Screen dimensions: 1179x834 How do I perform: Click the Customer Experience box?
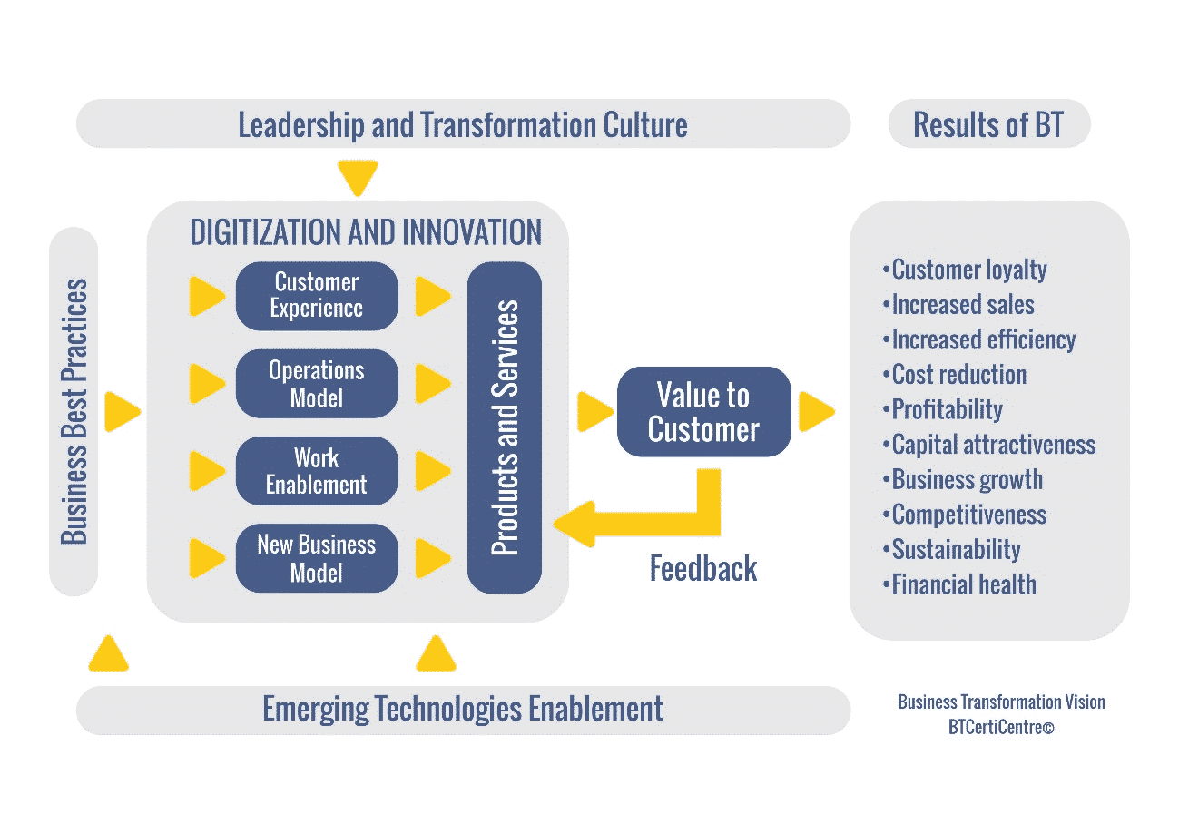[x=317, y=296]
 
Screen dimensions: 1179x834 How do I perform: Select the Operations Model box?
[x=317, y=384]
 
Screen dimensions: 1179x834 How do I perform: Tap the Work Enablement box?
[x=317, y=471]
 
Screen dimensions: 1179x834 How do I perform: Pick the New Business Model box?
[x=317, y=558]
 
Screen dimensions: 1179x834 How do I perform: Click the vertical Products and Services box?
[x=505, y=427]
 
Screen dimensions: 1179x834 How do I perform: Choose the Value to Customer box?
[x=703, y=411]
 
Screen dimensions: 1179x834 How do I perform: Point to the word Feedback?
[x=703, y=569]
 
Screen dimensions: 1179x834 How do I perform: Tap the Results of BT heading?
[x=988, y=124]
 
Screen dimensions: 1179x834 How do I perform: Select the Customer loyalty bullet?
[x=965, y=270]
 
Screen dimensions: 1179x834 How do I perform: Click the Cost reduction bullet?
[x=955, y=375]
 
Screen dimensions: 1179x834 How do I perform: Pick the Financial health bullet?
[x=959, y=584]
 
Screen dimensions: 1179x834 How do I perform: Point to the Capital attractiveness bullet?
[x=989, y=445]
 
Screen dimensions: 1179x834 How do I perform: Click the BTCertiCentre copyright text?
[x=1001, y=727]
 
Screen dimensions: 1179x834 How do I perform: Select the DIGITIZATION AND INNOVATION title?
[x=366, y=232]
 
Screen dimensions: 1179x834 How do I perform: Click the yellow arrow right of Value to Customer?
[x=817, y=411]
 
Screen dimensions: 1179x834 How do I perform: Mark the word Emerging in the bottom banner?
[x=316, y=710]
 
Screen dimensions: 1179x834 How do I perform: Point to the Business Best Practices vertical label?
[x=74, y=411]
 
